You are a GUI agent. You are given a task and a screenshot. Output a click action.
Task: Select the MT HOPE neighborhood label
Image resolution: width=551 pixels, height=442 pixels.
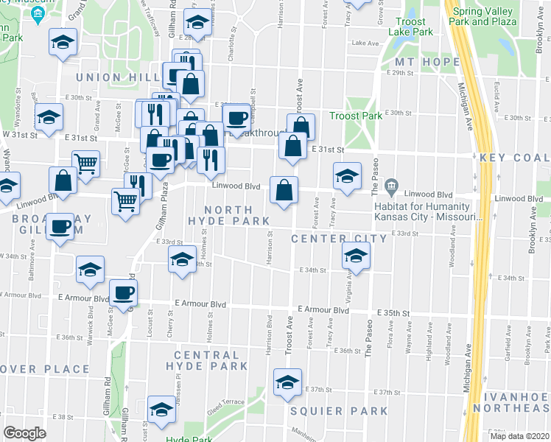click(x=422, y=61)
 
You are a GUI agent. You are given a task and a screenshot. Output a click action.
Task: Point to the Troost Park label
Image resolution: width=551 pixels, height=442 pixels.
click(x=356, y=116)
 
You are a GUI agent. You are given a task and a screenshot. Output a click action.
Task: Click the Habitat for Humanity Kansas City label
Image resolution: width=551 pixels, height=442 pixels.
click(x=428, y=211)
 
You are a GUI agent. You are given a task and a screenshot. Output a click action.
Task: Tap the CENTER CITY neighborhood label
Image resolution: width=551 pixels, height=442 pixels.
click(x=338, y=239)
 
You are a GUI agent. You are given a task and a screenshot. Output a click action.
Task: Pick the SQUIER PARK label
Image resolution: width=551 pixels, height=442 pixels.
click(x=338, y=410)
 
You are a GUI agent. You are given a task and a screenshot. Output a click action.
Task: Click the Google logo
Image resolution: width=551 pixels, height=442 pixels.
click(x=24, y=433)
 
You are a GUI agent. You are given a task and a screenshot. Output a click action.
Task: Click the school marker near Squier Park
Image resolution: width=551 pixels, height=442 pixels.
click(x=287, y=382)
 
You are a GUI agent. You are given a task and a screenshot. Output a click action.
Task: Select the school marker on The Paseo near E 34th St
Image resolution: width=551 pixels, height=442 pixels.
click(x=356, y=256)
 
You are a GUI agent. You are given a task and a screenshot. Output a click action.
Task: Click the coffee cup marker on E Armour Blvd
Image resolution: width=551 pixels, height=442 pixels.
click(x=123, y=292)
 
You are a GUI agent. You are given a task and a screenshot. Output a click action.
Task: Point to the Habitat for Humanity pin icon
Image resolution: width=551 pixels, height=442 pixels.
click(x=391, y=184)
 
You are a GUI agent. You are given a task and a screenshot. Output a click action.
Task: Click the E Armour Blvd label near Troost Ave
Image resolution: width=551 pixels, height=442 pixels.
click(x=323, y=311)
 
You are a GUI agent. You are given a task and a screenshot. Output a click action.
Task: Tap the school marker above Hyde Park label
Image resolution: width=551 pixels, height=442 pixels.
click(x=161, y=410)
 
